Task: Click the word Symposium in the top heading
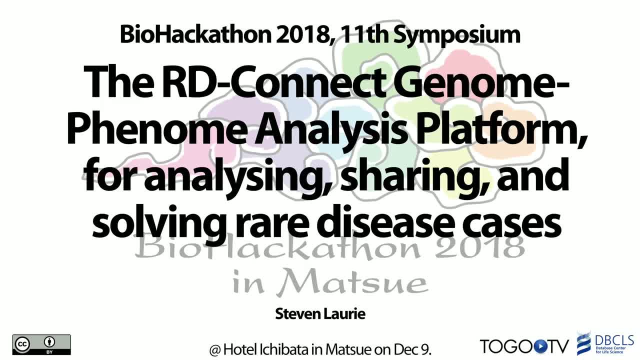click(458, 35)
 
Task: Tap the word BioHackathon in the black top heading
click(195, 34)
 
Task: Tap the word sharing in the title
click(416, 176)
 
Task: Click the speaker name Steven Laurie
click(320, 313)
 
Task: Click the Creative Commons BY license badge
click(41, 344)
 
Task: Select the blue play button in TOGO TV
click(539, 346)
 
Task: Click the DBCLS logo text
click(614, 340)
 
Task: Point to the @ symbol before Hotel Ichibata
click(215, 350)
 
